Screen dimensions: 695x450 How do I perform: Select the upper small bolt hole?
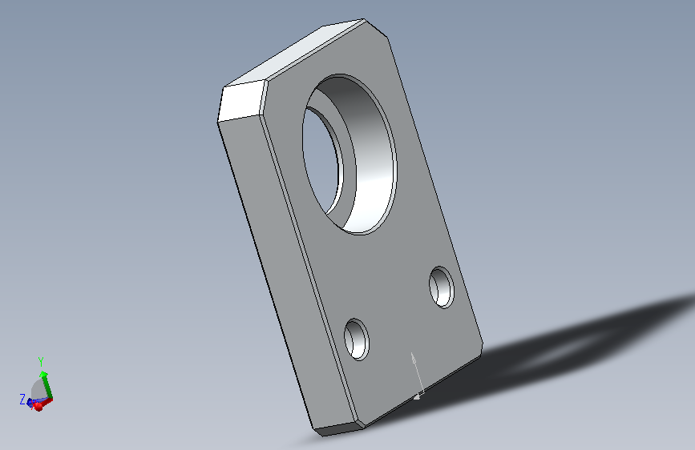tap(442, 287)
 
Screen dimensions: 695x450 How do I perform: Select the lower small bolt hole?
tap(357, 340)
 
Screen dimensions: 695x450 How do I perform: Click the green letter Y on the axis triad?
tap(41, 362)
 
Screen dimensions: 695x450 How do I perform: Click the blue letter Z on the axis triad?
tap(22, 399)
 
